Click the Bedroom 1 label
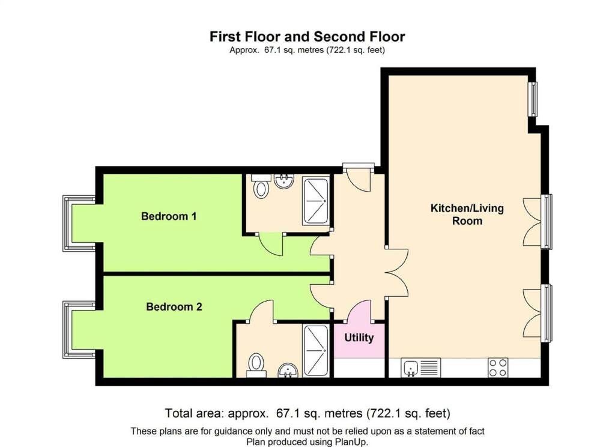pos(169,216)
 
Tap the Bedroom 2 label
pos(174,306)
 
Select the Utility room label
pos(359,338)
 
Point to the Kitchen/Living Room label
pos(467,214)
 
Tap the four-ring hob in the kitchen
pos(498,368)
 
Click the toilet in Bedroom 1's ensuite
pos(261,186)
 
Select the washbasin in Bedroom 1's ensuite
pos(284,181)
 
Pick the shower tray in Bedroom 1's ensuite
pos(316,201)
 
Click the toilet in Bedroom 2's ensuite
pos(256,365)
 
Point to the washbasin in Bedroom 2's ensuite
pos(288,370)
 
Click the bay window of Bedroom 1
pos(79,223)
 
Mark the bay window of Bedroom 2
pos(79,330)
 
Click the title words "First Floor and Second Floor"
pos(307,37)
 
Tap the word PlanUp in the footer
pos(351,442)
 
